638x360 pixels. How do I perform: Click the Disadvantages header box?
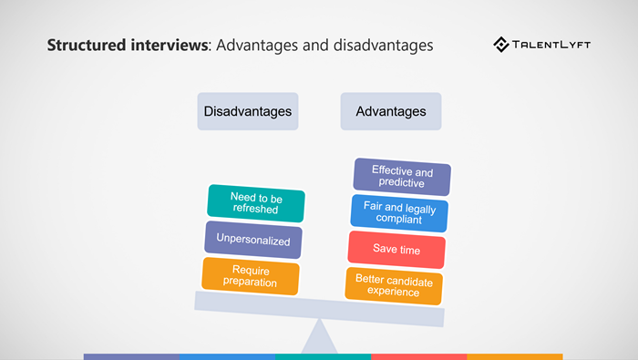point(248,111)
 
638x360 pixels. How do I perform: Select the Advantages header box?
point(390,111)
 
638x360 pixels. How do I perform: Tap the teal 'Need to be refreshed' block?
point(255,203)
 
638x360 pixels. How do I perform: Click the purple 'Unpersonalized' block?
point(253,240)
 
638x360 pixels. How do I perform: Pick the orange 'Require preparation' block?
point(251,275)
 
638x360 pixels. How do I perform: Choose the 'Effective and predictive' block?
point(402,177)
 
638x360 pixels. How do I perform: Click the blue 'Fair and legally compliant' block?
point(399,213)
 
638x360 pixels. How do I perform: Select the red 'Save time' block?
point(396,250)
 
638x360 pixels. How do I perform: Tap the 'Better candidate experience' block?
point(394,286)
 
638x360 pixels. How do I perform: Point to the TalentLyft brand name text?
point(554,44)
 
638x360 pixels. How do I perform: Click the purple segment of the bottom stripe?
point(131,356)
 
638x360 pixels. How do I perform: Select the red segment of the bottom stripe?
point(418,356)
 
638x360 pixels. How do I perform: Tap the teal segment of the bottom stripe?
point(323,356)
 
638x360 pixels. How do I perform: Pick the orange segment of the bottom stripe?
point(514,356)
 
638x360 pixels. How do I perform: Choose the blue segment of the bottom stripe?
point(227,356)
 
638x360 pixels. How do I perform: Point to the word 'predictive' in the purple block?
point(402,183)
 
